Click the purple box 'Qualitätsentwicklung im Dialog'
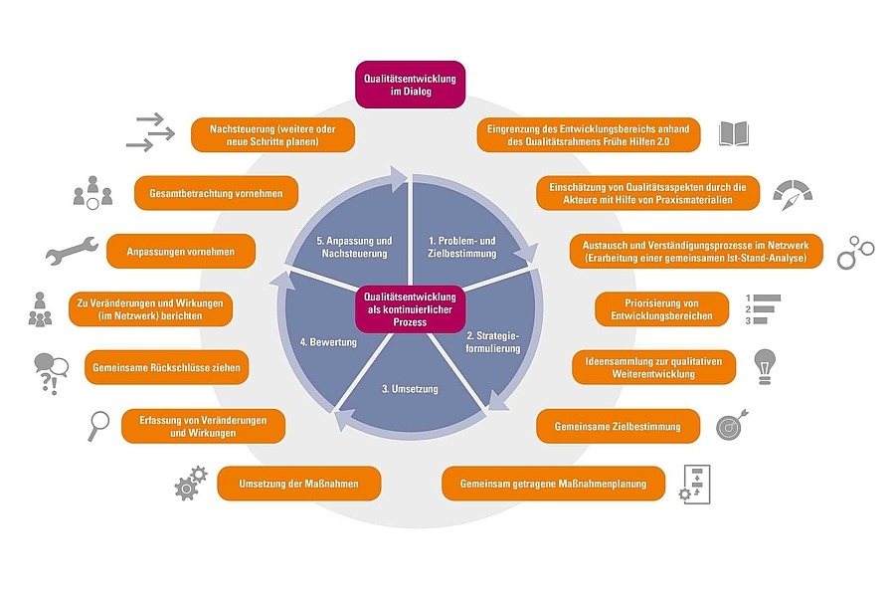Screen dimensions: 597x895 pos(411,86)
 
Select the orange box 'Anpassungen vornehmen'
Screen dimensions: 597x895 pos(181,252)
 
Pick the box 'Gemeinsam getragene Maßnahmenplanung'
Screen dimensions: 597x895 pos(553,484)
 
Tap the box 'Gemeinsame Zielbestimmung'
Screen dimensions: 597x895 pos(609,426)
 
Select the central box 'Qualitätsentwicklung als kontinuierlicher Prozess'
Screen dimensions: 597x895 pos(411,309)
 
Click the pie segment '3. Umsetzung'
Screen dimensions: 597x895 pos(409,388)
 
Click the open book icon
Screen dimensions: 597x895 pos(733,134)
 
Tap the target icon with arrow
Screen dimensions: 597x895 pos(732,425)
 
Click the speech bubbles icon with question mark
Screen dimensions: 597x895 pos(51,370)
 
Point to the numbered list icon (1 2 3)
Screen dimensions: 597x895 pos(763,308)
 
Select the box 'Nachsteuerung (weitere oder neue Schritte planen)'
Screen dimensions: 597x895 pos(272,135)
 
